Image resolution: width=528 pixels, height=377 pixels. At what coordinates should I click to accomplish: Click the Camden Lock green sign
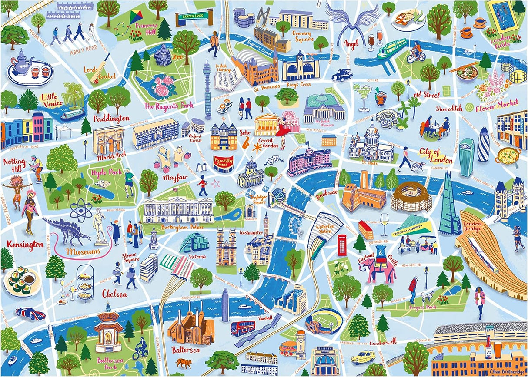pyautogui.click(x=194, y=17)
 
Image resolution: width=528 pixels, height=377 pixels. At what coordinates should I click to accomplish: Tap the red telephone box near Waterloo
pyautogui.click(x=342, y=245)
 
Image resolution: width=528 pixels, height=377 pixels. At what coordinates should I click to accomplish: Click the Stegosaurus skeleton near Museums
pyautogui.click(x=67, y=230)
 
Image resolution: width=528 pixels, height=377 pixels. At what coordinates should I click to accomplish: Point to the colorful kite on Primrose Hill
pyautogui.click(x=136, y=17)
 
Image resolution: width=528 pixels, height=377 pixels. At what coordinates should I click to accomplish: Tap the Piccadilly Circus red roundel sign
pyautogui.click(x=224, y=163)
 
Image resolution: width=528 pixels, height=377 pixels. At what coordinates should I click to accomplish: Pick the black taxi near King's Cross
pyautogui.click(x=342, y=75)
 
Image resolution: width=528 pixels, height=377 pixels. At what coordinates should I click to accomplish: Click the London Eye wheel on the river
pyautogui.click(x=296, y=225)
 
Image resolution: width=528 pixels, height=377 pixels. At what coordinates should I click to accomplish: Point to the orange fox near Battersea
pyautogui.click(x=183, y=363)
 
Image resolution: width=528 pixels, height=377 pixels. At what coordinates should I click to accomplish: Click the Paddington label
pyautogui.click(x=111, y=118)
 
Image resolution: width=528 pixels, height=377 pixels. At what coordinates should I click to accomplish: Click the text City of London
pyautogui.click(x=435, y=155)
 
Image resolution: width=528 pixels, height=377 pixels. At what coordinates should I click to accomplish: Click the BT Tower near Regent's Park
pyautogui.click(x=207, y=89)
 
